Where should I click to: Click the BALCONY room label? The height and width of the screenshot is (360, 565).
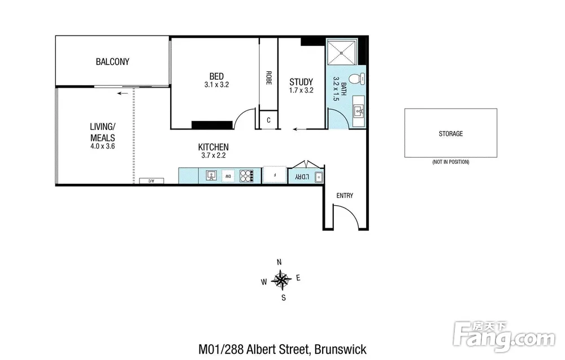112,62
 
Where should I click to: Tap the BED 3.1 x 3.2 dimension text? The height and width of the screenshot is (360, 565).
216,85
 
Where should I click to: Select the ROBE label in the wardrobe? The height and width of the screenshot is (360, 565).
268,78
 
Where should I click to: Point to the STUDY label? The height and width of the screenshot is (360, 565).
301,82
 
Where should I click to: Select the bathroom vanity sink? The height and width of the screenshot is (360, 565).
358,111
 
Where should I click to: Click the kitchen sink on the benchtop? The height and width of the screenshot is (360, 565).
211,176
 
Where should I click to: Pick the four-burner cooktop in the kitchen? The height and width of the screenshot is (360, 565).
247,176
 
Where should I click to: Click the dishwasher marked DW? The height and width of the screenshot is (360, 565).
228,176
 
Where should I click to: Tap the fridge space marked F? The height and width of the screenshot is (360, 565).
275,175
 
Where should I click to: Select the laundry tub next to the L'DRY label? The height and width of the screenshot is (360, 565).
319,177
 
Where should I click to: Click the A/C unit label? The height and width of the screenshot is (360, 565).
151,181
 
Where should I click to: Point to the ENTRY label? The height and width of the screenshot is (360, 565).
345,196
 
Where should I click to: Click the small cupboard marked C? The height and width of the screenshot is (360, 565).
268,120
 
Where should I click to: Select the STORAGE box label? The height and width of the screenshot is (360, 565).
451,134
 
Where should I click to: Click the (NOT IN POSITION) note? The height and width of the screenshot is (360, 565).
451,162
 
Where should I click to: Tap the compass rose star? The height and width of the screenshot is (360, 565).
281,280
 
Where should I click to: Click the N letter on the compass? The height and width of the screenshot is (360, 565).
279,262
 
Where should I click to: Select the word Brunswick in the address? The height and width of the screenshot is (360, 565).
341,350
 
